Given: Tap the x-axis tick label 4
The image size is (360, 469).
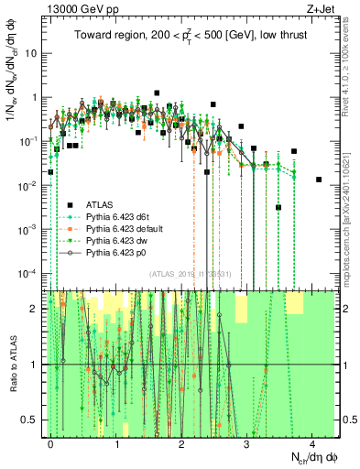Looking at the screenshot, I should click(x=312, y=443).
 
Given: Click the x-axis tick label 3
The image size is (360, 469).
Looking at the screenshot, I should click(x=247, y=443).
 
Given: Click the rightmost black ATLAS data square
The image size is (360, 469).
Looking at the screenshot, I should click(x=319, y=180).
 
